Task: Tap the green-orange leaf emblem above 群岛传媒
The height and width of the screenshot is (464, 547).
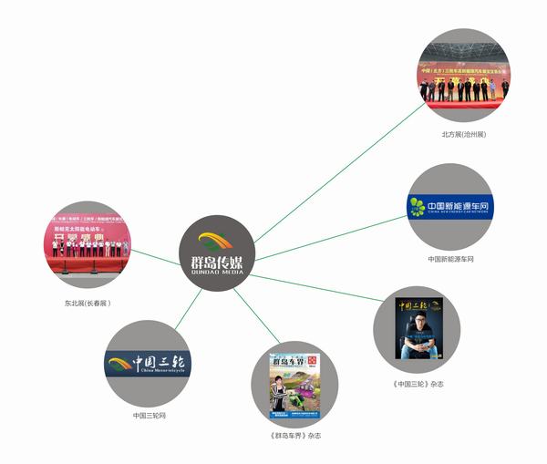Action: pos(223,242)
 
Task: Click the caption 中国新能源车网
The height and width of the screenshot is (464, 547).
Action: pos(450,259)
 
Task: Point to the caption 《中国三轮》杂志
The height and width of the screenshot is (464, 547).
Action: pos(419,384)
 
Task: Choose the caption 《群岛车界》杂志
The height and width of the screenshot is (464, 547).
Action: pos(295,436)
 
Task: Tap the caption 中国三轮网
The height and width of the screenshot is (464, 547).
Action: pos(150,416)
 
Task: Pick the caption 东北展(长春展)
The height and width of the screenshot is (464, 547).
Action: pos(87,303)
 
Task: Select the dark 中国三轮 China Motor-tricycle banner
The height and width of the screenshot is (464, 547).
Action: pos(149,364)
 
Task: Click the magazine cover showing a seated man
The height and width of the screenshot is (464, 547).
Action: pos(418,329)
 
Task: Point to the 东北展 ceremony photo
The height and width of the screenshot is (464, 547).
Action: pos(88,247)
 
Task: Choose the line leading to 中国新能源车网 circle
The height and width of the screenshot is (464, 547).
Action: pos(328,239)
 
